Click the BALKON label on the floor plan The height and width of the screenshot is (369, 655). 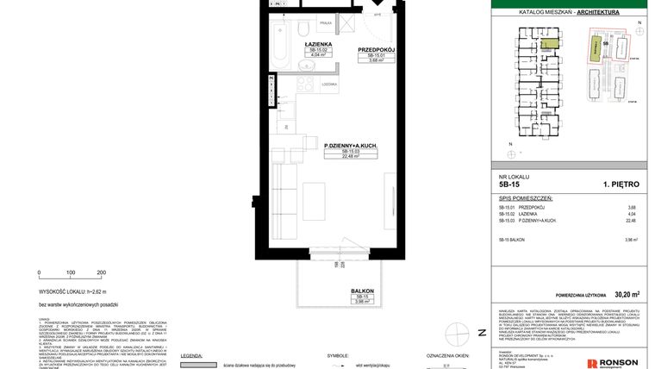362,291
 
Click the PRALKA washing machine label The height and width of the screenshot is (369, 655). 326,24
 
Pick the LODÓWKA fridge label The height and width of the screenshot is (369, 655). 328,84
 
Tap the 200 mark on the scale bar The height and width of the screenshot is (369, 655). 101,272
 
